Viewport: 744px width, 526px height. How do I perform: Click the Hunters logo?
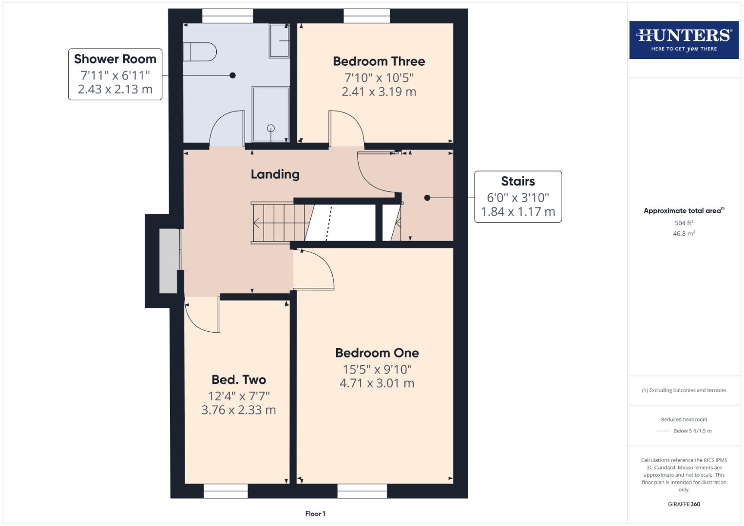tap(684, 39)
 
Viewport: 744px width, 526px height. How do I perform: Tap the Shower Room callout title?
tap(115, 59)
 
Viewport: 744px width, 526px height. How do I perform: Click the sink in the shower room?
tap(280, 41)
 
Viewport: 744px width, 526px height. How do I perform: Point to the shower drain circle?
tap(271, 128)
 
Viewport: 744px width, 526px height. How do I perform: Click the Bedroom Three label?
tap(379, 61)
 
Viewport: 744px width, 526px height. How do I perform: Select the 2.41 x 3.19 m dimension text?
tap(379, 92)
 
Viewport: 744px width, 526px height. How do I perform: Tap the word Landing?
tap(275, 174)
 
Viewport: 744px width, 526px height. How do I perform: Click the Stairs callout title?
tap(517, 181)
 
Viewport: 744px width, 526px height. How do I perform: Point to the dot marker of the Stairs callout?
tap(427, 198)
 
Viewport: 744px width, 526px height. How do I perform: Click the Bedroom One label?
tap(377, 353)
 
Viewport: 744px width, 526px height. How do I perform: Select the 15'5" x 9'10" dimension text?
tap(377, 369)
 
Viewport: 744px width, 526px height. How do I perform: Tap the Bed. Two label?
tap(238, 379)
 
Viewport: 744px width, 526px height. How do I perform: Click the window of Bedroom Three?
tap(366, 17)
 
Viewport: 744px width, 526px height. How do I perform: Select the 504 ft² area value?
tap(684, 223)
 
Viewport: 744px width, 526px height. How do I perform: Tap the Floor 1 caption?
tap(315, 513)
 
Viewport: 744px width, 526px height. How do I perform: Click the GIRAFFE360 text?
tap(684, 504)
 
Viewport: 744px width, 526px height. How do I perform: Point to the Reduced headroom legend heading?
tap(684, 419)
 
